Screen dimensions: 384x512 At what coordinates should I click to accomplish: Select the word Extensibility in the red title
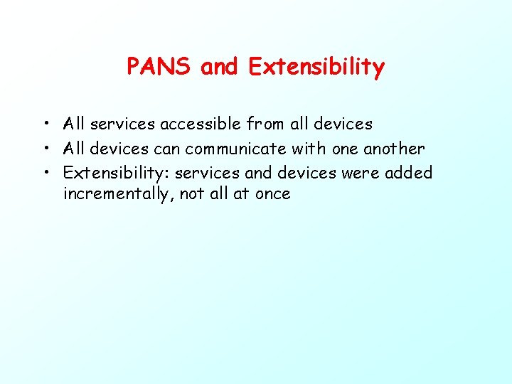tap(316, 67)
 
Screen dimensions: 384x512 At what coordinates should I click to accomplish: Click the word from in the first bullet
tap(265, 124)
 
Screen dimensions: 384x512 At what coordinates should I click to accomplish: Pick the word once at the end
tap(272, 194)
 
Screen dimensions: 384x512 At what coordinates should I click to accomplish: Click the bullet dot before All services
tap(45, 124)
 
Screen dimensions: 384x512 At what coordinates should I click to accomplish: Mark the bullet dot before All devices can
tap(45, 149)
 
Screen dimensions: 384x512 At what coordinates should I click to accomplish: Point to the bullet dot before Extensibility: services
tap(45, 173)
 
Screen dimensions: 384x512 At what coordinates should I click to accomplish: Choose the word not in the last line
tap(192, 194)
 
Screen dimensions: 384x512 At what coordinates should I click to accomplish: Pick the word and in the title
tap(220, 67)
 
